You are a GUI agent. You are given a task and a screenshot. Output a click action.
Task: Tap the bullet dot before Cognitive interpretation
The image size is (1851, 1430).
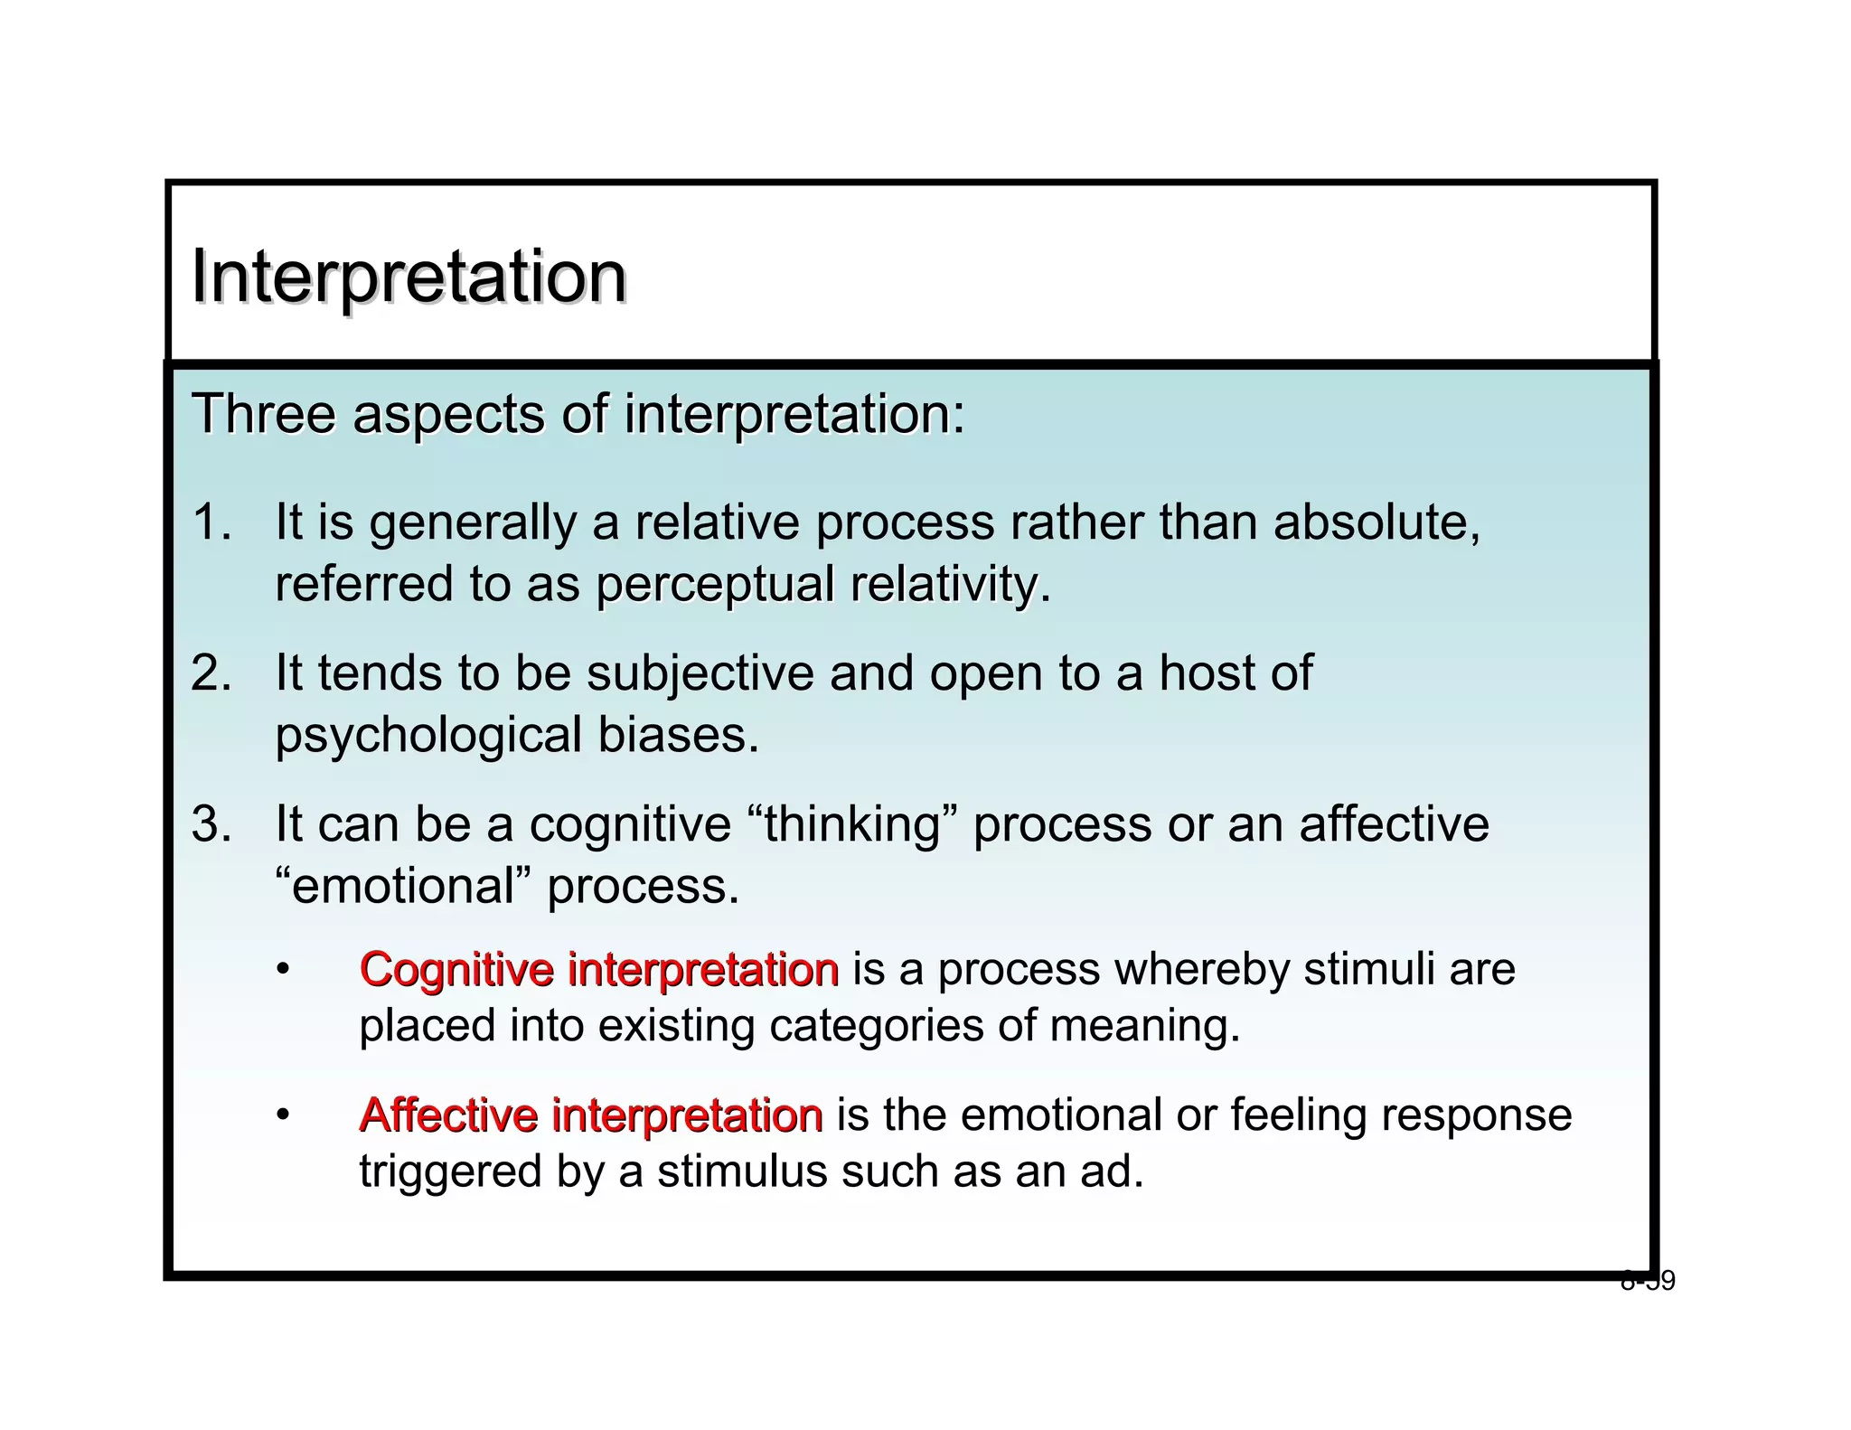(283, 971)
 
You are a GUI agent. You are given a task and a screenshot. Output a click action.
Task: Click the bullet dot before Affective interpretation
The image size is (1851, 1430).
(283, 1115)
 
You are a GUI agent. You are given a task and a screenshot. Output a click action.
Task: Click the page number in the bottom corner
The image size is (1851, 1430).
(1648, 1281)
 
